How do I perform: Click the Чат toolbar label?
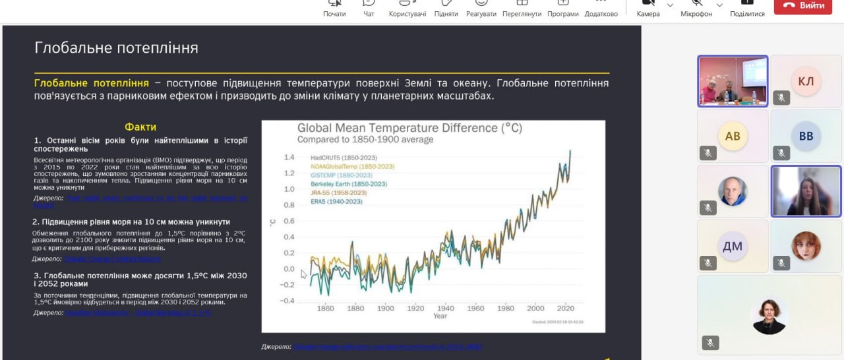[x=369, y=14]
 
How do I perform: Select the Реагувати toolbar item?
[x=481, y=14]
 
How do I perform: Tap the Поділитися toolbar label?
[x=747, y=14]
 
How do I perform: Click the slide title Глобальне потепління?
[x=116, y=48]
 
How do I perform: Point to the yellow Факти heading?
[x=140, y=127]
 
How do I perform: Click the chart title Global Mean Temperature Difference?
[x=409, y=128]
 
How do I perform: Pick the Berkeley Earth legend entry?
[x=349, y=184]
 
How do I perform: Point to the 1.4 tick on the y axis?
[x=289, y=158]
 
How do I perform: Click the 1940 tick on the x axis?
[x=446, y=308]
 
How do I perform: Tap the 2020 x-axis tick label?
[x=566, y=308]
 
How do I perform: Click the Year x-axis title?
[x=440, y=316]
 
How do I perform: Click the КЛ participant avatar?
[x=806, y=81]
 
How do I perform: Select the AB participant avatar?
[x=733, y=136]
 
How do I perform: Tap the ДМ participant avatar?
[x=733, y=247]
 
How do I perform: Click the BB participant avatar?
[x=806, y=136]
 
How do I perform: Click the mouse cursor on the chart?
[x=304, y=274]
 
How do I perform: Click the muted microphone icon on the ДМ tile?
[x=708, y=263]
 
